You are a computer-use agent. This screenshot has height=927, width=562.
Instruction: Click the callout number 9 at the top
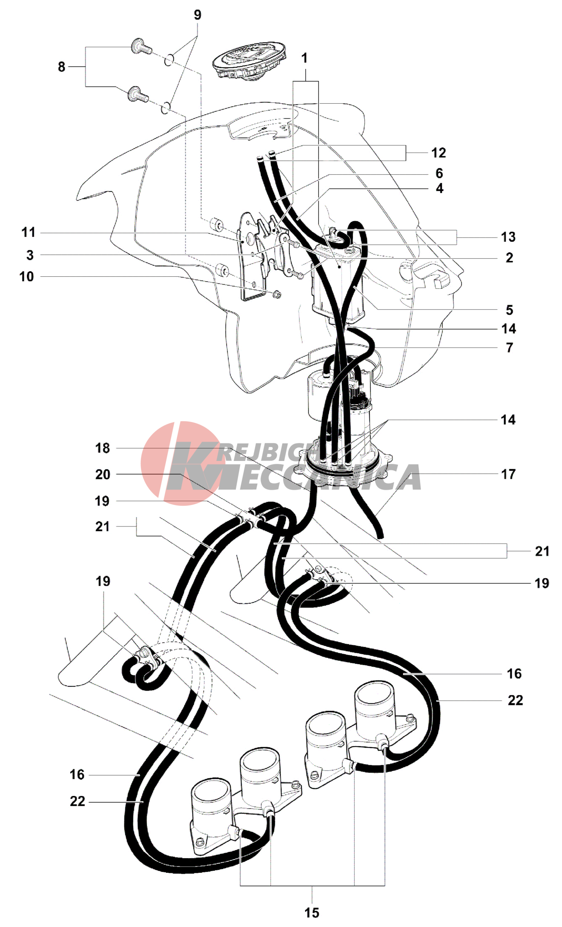197,15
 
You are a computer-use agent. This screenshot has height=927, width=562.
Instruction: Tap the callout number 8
62,67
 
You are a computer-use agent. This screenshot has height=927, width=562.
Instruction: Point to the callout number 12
439,153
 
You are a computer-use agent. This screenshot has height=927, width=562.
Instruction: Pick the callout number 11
29,232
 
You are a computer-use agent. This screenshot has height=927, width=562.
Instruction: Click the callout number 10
26,277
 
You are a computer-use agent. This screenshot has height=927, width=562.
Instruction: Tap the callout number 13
508,237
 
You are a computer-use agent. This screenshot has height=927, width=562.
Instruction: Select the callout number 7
509,348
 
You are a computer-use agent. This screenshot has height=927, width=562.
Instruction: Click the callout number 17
508,474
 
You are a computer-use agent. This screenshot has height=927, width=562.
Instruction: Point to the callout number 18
102,448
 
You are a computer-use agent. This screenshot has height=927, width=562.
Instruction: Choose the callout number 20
102,474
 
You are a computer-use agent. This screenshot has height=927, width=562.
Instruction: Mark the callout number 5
509,310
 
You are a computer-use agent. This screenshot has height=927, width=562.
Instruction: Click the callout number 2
509,258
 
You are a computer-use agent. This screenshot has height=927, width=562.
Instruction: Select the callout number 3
30,255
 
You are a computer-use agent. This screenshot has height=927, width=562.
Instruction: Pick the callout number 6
439,173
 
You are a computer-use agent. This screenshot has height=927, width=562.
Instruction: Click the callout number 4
439,189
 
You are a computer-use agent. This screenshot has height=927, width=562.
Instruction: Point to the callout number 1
305,58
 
